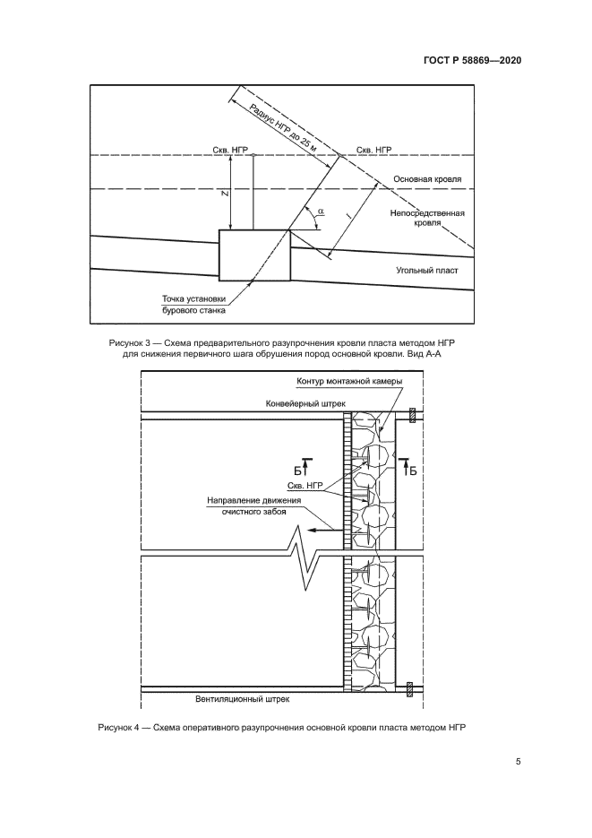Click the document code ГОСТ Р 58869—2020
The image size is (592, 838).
pos(471,61)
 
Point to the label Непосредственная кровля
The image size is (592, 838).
pos(425,219)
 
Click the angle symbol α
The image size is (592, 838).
pos(321,213)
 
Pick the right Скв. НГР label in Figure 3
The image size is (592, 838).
pos(373,151)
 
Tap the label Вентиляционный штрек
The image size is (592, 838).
pos(243,696)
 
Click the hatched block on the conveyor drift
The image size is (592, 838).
pos(410,415)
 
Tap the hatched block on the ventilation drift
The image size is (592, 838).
pos(410,688)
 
